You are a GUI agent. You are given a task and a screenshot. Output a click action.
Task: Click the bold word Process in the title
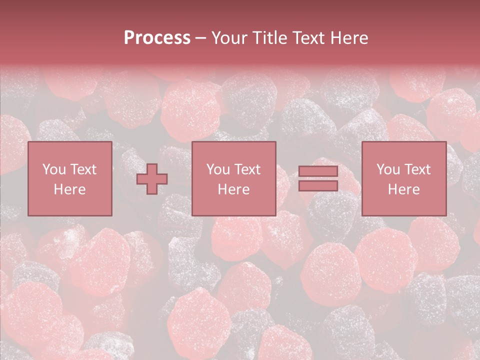click(x=157, y=38)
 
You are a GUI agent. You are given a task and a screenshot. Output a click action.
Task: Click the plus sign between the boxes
click(x=152, y=178)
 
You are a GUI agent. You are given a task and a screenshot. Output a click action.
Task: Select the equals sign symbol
click(x=318, y=178)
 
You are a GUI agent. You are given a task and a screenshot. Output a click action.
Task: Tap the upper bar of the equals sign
click(x=318, y=171)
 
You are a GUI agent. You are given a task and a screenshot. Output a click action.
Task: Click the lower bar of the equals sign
click(x=318, y=186)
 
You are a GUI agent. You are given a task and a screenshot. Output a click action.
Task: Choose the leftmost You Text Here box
click(x=69, y=178)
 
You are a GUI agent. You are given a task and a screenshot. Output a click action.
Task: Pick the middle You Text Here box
click(x=233, y=178)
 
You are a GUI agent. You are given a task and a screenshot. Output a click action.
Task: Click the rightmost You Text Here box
click(x=403, y=178)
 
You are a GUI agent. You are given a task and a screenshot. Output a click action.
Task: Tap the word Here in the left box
click(x=69, y=189)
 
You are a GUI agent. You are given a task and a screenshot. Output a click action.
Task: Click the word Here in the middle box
click(x=233, y=189)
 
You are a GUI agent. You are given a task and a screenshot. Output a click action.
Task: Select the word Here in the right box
click(x=403, y=189)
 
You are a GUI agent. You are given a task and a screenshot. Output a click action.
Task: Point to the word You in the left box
click(x=53, y=169)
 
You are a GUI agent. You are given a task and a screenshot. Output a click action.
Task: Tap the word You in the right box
click(x=388, y=169)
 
